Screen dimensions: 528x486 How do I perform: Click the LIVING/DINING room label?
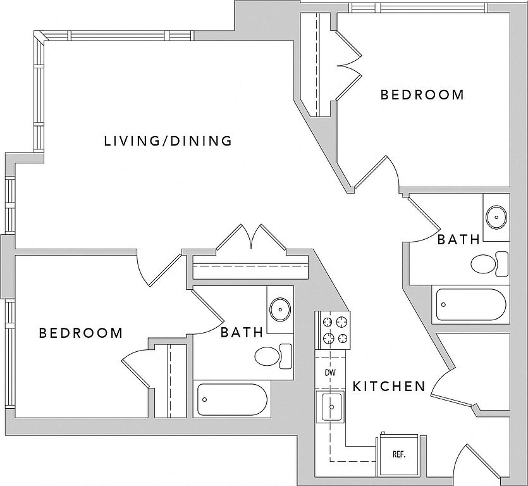pyautogui.click(x=168, y=140)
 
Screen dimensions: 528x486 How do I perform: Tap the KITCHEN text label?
pyautogui.click(x=388, y=386)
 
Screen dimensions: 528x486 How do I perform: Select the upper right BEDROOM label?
pyautogui.click(x=422, y=95)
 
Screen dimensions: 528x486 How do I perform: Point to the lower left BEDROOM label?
pyautogui.click(x=81, y=333)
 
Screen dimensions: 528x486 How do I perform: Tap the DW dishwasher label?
pyautogui.click(x=330, y=373)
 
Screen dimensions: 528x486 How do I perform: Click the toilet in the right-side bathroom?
pyautogui.click(x=489, y=263)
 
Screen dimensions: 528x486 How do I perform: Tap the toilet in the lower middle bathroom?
pyautogui.click(x=273, y=355)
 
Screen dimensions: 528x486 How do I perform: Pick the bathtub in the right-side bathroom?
pyautogui.click(x=471, y=306)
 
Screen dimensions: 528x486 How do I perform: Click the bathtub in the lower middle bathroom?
pyautogui.click(x=233, y=399)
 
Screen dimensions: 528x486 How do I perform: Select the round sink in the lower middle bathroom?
pyautogui.click(x=279, y=309)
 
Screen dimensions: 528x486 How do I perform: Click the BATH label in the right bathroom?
pyautogui.click(x=458, y=240)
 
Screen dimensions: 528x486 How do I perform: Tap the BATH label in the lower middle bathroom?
pyautogui.click(x=242, y=332)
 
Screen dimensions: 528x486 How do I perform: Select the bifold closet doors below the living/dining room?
pyautogui.click(x=252, y=239)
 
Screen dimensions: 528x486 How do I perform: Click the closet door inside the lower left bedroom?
pyautogui.click(x=135, y=368)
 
